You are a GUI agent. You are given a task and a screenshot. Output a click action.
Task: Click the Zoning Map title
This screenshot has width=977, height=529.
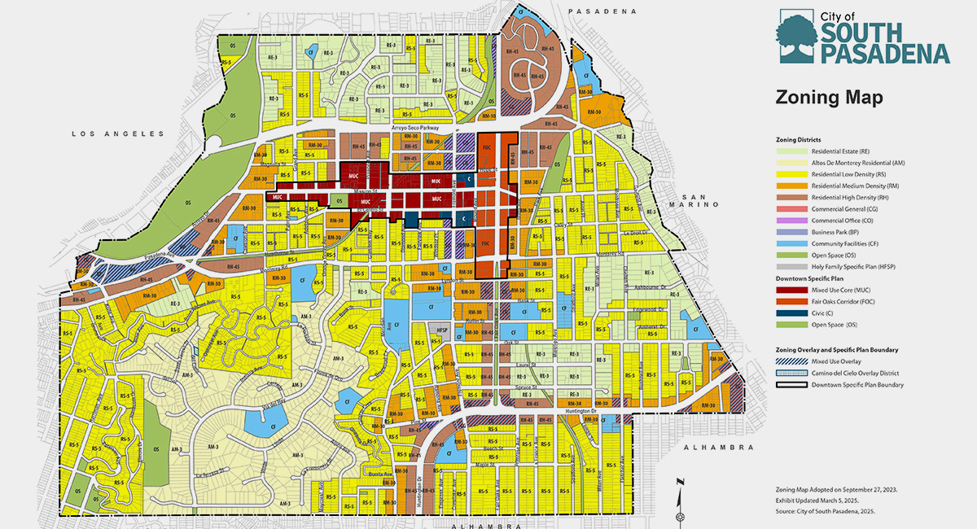coord(830,97)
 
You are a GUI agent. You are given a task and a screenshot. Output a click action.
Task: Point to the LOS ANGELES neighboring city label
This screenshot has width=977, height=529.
coord(117,133)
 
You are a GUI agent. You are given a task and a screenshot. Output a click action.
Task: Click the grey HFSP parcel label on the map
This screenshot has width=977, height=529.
coord(443,330)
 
